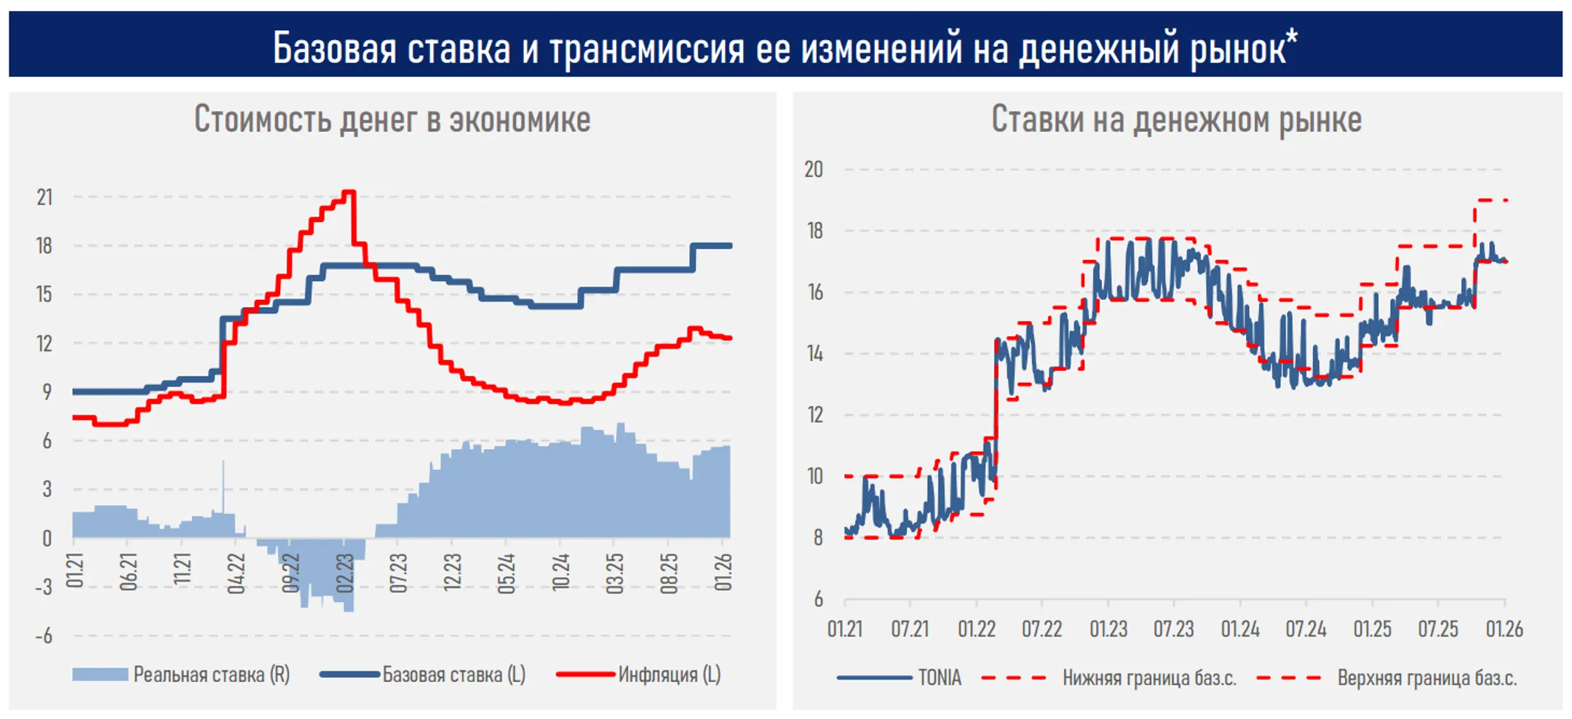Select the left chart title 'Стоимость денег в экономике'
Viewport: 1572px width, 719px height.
click(x=392, y=119)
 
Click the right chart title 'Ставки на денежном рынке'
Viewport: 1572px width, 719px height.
click(x=1176, y=119)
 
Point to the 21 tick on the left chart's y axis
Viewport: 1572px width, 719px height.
click(x=45, y=197)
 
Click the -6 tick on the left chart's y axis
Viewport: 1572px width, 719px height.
click(x=45, y=636)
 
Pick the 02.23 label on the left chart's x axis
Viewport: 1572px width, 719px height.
click(x=344, y=573)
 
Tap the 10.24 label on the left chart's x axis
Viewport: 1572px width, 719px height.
click(x=560, y=573)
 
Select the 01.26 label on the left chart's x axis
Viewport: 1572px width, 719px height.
click(x=723, y=573)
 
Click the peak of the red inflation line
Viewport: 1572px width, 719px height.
click(x=349, y=192)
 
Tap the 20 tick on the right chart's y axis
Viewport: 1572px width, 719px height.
click(x=814, y=170)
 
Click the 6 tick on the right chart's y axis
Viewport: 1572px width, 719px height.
click(x=818, y=600)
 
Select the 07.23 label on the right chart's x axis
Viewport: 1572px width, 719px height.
click(x=1173, y=629)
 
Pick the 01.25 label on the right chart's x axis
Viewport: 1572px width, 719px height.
click(x=1372, y=629)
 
